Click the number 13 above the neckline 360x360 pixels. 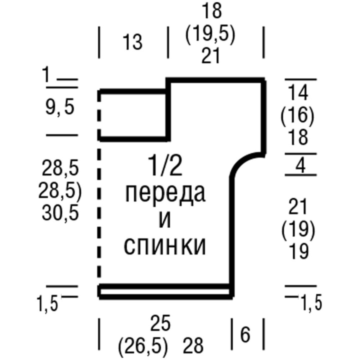coord(132,42)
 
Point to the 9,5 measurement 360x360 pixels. coord(60,107)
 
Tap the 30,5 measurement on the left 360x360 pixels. coord(60,213)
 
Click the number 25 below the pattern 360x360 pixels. coord(160,323)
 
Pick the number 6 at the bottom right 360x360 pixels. coord(245,334)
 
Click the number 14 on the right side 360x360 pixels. coord(298,92)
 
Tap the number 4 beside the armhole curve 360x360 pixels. coord(300,165)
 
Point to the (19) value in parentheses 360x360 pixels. coord(298,230)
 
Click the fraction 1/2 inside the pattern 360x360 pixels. coord(165,166)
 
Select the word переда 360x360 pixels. coord(165,194)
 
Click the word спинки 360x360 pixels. coord(164,247)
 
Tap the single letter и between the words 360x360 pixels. coord(165,220)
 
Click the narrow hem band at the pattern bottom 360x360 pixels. coord(164,291)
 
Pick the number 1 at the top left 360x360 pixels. coord(46,74)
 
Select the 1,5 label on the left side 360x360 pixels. coord(48,304)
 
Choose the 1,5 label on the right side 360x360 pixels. coord(311,302)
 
